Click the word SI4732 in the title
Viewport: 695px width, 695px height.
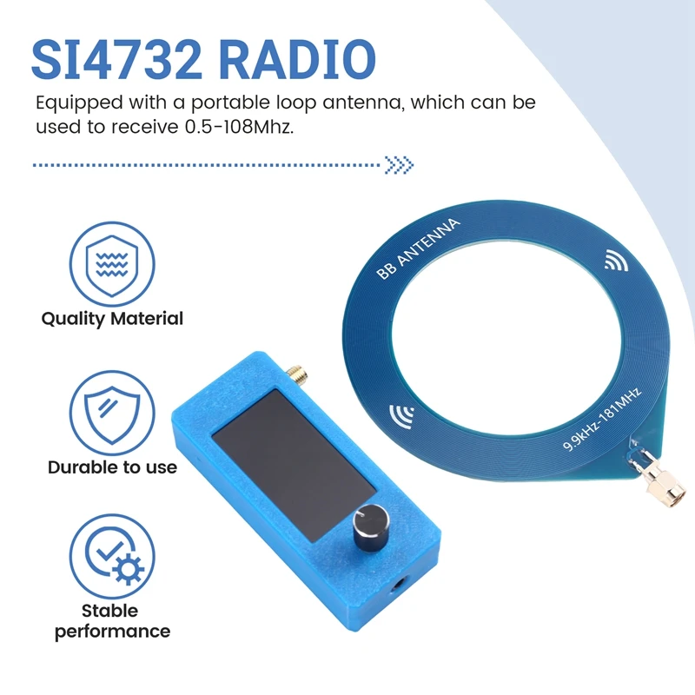click(116, 59)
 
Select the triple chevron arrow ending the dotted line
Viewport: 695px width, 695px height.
click(400, 164)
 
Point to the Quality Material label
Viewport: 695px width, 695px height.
click(112, 319)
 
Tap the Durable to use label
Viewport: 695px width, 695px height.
click(112, 467)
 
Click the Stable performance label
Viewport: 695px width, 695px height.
click(112, 620)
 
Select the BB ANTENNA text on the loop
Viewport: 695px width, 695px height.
click(419, 249)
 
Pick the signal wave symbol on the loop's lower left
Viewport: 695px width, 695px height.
click(403, 416)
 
